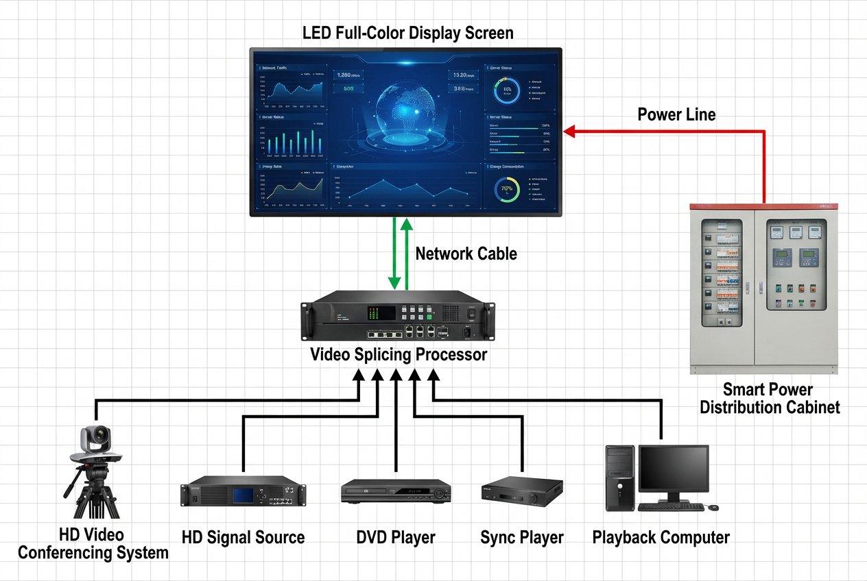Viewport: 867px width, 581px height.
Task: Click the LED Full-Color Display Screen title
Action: coord(407,33)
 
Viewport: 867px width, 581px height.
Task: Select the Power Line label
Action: coord(676,114)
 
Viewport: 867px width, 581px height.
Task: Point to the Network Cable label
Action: coord(466,254)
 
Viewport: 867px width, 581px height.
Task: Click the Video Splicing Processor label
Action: coord(399,355)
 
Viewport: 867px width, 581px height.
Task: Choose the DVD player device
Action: coord(396,491)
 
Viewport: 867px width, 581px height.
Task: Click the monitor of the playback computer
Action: coord(673,469)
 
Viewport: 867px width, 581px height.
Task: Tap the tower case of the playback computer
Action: coord(620,478)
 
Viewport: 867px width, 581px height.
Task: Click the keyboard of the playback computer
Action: coord(671,507)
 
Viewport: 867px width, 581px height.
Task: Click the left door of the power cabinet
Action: coord(723,288)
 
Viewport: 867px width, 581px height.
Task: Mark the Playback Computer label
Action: coord(661,538)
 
